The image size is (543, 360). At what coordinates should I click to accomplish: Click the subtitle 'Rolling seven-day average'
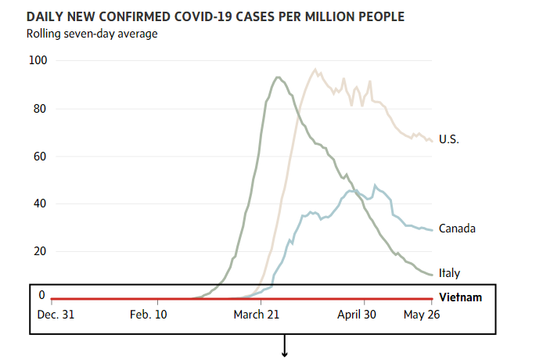click(x=92, y=33)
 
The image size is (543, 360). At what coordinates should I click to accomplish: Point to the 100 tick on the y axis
click(x=38, y=61)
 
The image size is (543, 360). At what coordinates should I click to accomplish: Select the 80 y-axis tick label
click(x=38, y=109)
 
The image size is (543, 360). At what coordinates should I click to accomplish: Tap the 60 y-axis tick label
click(x=38, y=157)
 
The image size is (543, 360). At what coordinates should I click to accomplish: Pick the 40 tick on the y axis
click(x=38, y=204)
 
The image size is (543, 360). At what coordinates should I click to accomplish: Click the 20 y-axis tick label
click(x=38, y=251)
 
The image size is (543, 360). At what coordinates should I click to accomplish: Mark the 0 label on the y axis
click(x=42, y=295)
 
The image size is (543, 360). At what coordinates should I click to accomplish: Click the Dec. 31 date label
click(x=56, y=315)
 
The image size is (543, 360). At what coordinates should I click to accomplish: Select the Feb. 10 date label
click(x=149, y=315)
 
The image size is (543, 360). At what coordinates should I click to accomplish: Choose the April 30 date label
click(x=356, y=315)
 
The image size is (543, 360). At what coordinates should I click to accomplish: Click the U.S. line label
click(x=448, y=139)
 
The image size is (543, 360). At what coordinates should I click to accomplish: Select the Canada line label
click(x=457, y=229)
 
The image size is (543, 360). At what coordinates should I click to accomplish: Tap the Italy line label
click(x=449, y=273)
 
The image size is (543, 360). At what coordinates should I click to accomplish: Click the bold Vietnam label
click(x=461, y=297)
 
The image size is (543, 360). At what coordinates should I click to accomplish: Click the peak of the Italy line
click(x=277, y=77)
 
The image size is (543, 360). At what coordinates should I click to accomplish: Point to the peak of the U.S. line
click(x=315, y=69)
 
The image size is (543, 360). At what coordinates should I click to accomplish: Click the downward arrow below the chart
click(x=285, y=348)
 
